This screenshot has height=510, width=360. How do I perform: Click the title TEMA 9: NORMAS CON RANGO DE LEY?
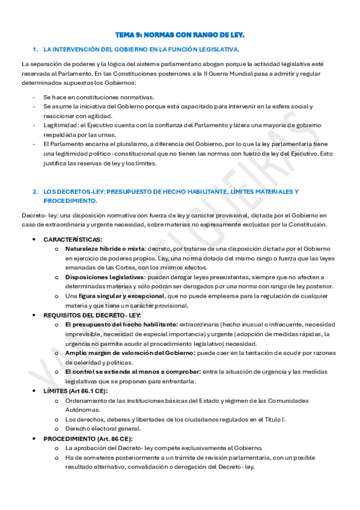(x=180, y=36)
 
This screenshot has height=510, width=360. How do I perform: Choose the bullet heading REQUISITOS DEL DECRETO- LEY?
(x=92, y=315)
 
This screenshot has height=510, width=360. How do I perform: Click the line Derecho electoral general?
(x=103, y=429)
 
